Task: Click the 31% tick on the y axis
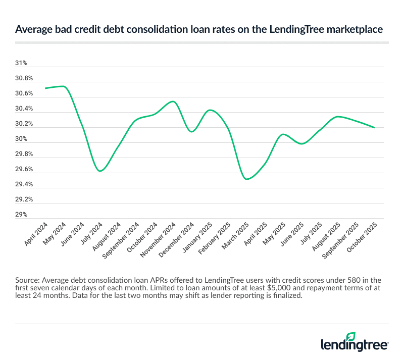pos(21,64)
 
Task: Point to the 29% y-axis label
pos(21,215)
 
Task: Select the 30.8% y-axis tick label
pos(24,79)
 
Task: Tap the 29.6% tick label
pos(24,170)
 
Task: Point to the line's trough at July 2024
pos(100,171)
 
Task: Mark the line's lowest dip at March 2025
pos(246,179)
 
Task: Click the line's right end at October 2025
pos(374,128)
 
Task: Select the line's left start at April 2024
pos(45,88)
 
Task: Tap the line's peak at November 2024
pos(173,101)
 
